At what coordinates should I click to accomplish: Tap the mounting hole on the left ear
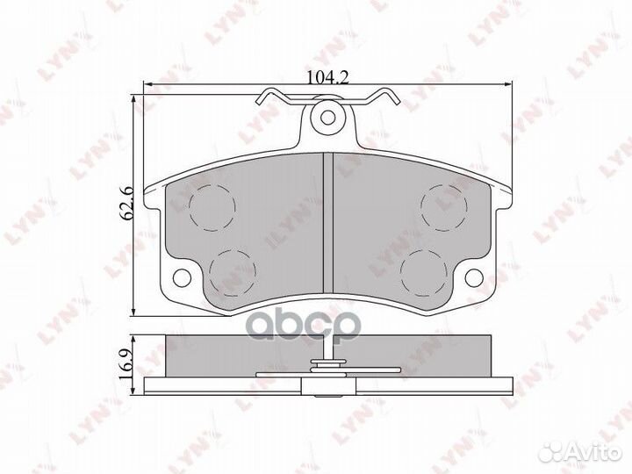point(182,278)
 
